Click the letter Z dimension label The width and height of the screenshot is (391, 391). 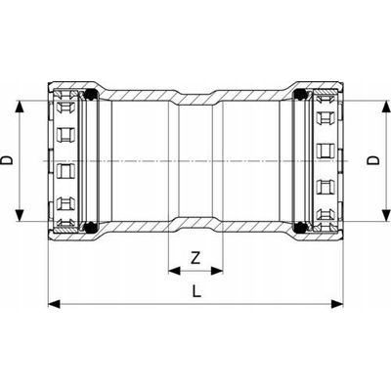(195, 258)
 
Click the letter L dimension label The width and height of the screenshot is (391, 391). (196, 291)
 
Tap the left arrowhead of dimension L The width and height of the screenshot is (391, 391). (54, 304)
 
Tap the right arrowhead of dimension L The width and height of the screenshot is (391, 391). (337, 304)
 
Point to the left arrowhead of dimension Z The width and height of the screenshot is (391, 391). (174, 271)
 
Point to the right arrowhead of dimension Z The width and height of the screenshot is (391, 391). (217, 271)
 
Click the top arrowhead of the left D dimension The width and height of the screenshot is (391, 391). (21, 107)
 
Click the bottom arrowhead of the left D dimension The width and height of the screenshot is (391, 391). (21, 215)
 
